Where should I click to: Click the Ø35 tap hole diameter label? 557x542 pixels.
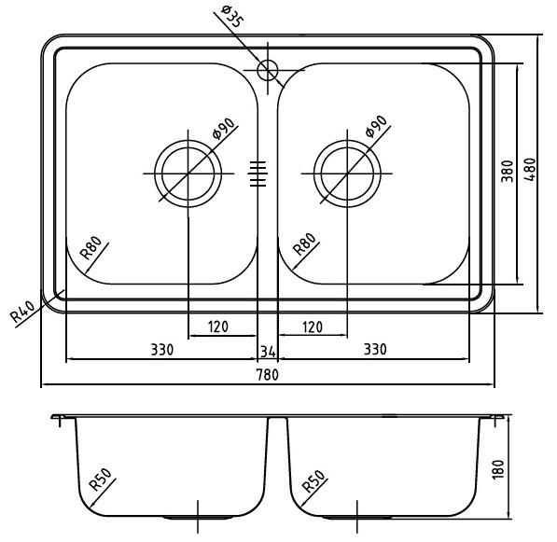pyautogui.click(x=232, y=17)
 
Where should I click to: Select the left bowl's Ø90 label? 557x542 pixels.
pyautogui.click(x=223, y=128)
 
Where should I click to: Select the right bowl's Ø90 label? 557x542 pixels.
pyautogui.click(x=377, y=126)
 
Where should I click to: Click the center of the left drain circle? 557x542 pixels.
pyautogui.click(x=188, y=174)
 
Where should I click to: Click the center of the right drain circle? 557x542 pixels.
pyautogui.click(x=347, y=174)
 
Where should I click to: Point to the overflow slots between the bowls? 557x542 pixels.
pyautogui.click(x=258, y=174)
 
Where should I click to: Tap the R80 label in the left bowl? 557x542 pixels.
pyautogui.click(x=91, y=247)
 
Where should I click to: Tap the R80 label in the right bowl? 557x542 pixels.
pyautogui.click(x=305, y=244)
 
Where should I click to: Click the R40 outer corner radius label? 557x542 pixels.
pyautogui.click(x=22, y=312)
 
